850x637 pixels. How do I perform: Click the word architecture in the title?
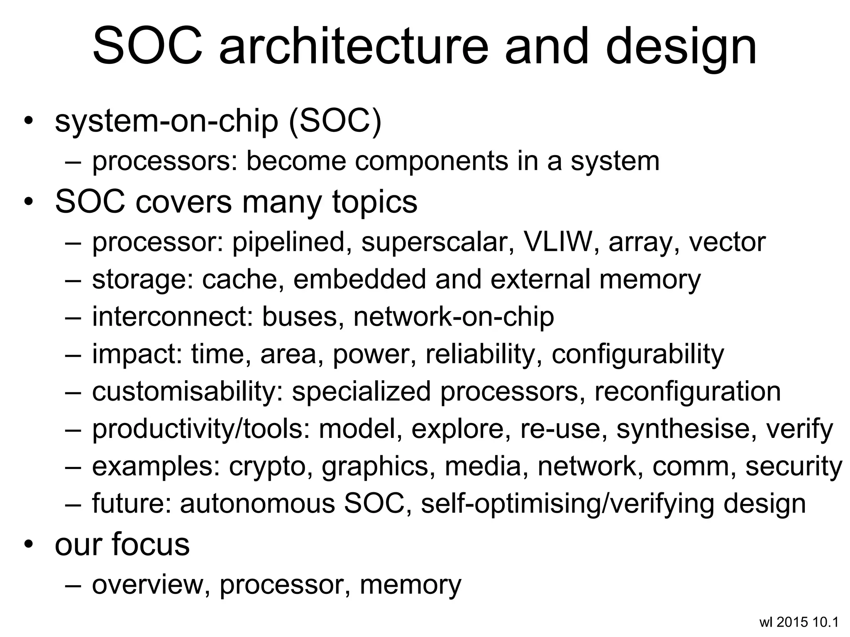(x=354, y=46)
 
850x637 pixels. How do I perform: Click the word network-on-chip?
(x=454, y=316)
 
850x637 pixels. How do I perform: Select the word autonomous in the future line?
(x=257, y=503)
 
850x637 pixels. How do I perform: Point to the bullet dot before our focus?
(x=28, y=544)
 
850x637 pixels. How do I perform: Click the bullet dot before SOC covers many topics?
(x=28, y=202)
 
